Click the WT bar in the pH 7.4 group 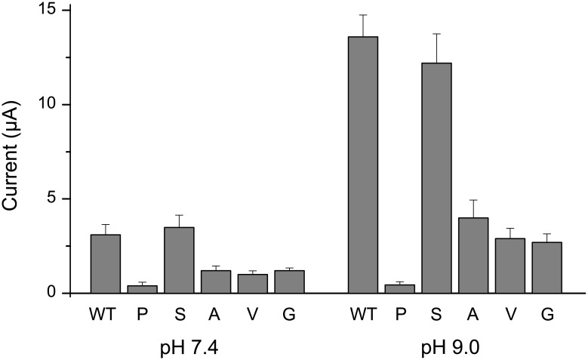(x=105, y=263)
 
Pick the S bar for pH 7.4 (x=179, y=260)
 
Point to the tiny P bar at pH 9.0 (x=399, y=289)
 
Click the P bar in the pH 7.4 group (x=142, y=289)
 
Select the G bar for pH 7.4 (x=290, y=282)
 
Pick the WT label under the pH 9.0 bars (x=362, y=313)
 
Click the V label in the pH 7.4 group (x=253, y=313)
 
